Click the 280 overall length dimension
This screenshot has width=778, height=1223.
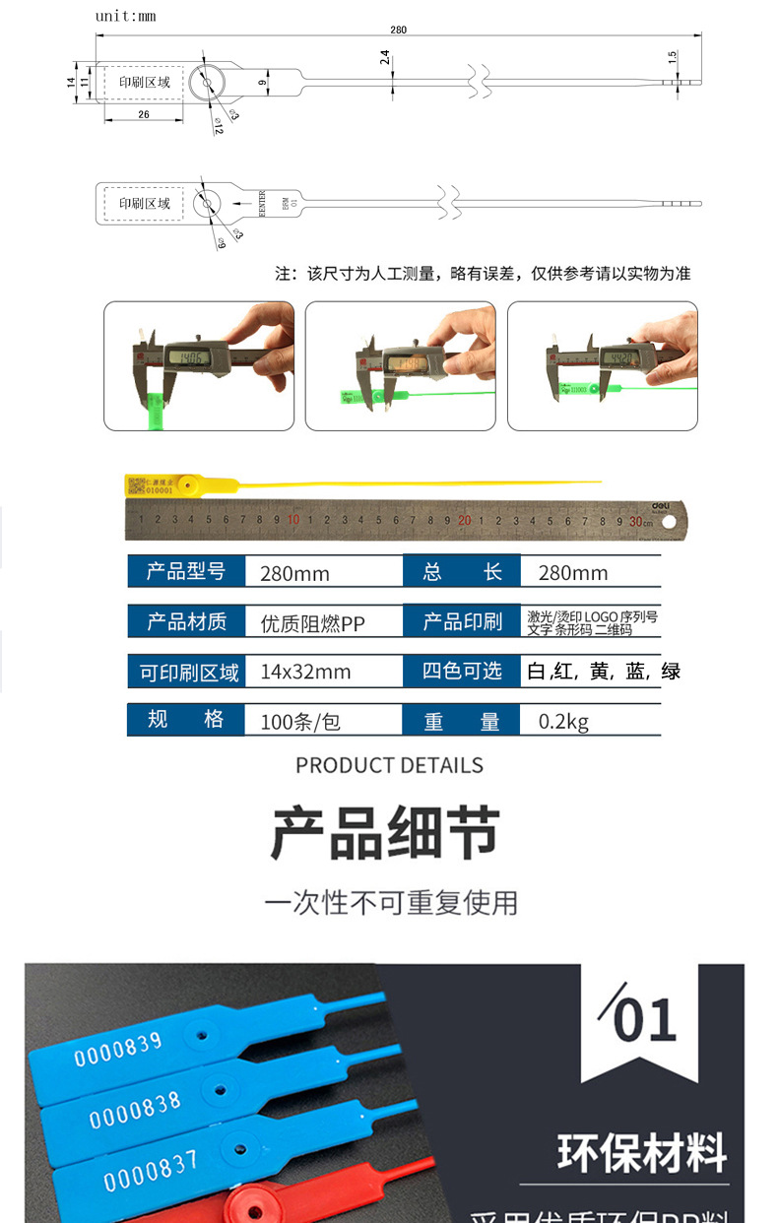click(x=398, y=30)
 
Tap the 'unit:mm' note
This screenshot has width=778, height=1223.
click(x=125, y=16)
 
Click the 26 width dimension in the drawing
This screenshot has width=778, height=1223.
click(x=144, y=115)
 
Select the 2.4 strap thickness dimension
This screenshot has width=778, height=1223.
click(x=385, y=58)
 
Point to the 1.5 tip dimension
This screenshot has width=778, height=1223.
click(x=673, y=59)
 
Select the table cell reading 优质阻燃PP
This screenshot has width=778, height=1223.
click(x=312, y=622)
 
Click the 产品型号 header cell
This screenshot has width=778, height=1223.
click(x=186, y=572)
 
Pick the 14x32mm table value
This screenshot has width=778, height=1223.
click(x=305, y=673)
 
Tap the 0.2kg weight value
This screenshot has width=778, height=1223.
click(x=563, y=722)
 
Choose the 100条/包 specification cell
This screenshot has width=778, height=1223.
click(x=300, y=722)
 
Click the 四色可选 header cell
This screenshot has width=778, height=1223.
click(x=462, y=672)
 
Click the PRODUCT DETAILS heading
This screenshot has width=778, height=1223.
click(x=389, y=765)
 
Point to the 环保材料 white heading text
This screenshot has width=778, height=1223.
click(x=642, y=1153)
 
